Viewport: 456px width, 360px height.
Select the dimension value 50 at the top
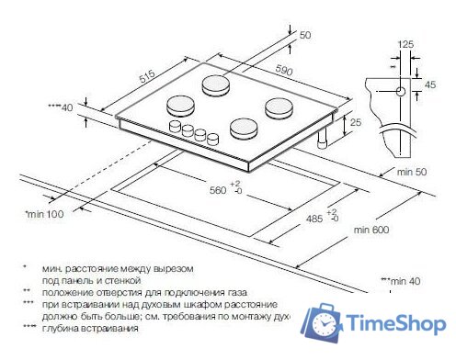click(306, 35)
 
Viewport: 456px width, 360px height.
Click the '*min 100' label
click(42, 214)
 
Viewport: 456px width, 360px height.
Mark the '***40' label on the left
click(59, 107)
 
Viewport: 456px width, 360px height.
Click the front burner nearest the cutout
click(245, 128)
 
